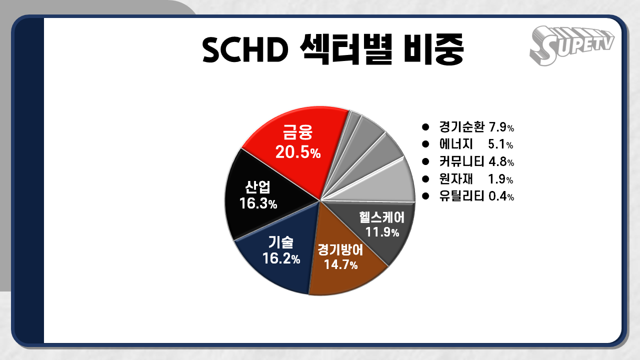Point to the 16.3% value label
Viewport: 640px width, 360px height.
(x=258, y=204)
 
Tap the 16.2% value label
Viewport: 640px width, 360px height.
(x=281, y=258)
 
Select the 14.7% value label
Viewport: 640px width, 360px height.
(x=340, y=264)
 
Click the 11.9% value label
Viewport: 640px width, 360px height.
(x=382, y=232)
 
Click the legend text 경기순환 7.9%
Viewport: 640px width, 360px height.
(x=476, y=127)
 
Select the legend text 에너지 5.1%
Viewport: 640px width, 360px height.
(x=476, y=144)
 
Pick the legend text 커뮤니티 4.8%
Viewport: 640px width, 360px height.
(x=476, y=161)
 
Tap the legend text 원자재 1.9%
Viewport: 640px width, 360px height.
(x=476, y=178)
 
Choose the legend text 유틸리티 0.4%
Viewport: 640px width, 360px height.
(x=476, y=196)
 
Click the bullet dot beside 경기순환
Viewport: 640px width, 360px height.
(x=426, y=126)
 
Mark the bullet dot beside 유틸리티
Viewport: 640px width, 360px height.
(x=426, y=195)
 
